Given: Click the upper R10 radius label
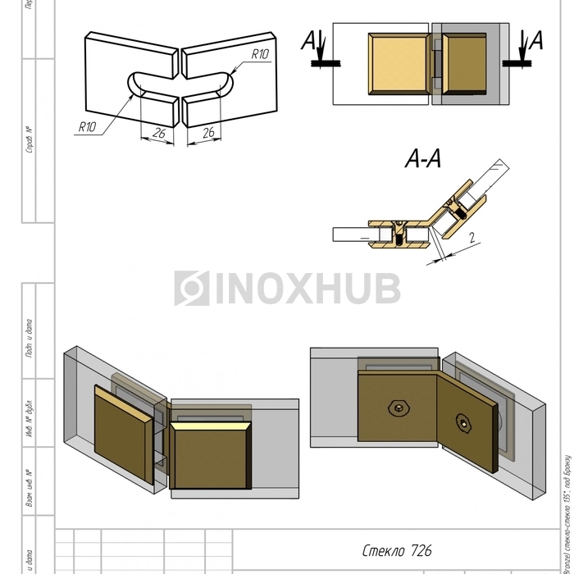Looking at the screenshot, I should [260, 54].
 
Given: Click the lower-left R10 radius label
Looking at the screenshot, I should [88, 126].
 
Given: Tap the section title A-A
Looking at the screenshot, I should [423, 160].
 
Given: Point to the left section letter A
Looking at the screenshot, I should [308, 39].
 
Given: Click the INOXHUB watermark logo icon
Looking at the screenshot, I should [192, 289].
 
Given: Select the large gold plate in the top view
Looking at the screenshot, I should [400, 64].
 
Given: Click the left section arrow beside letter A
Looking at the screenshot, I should [321, 51].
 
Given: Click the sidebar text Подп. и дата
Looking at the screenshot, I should [30, 338].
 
